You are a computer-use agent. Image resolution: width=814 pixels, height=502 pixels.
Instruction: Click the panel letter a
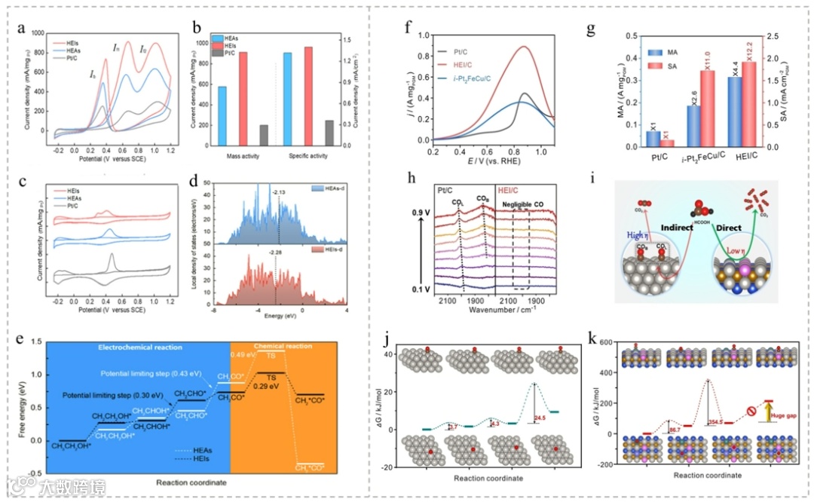(x=23, y=29)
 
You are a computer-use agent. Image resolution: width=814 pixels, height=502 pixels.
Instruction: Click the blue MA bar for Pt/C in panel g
(x=653, y=138)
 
